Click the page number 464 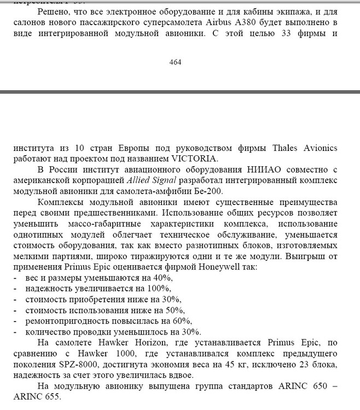(175, 62)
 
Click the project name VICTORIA (195, 159)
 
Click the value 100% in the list (161, 288)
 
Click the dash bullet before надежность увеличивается (15, 288)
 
